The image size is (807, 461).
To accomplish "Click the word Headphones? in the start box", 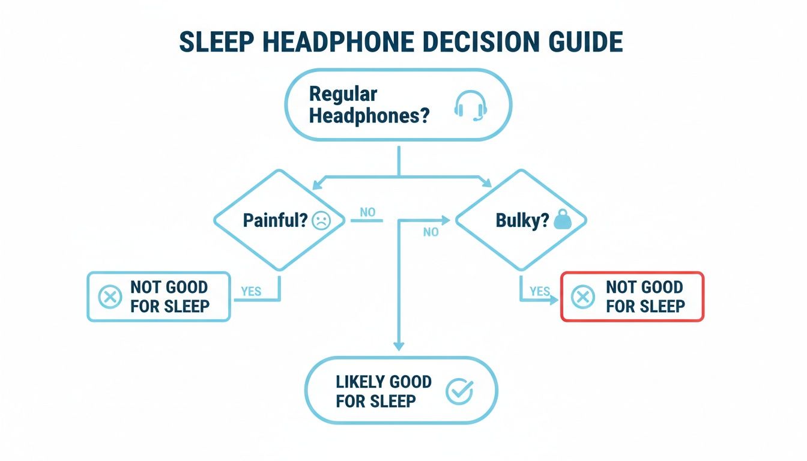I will pyautogui.click(x=369, y=115).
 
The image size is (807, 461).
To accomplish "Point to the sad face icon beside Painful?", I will pyautogui.click(x=321, y=221).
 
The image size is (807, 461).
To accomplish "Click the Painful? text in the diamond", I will pyautogui.click(x=275, y=221).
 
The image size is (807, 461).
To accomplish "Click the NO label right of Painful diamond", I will pyautogui.click(x=367, y=212).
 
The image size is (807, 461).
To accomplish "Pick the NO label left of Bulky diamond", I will pyautogui.click(x=431, y=232).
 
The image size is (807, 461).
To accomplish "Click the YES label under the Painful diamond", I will pyautogui.click(x=251, y=291).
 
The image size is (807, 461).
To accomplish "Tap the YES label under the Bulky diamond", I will pyautogui.click(x=540, y=291).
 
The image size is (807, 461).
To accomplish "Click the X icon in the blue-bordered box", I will pyautogui.click(x=109, y=297).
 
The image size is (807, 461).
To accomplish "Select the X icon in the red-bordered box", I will pyautogui.click(x=584, y=297).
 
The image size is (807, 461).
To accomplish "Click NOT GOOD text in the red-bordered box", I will pyautogui.click(x=644, y=287).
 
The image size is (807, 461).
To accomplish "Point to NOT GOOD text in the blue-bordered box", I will pyautogui.click(x=169, y=287).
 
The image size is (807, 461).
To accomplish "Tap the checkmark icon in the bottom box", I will pyautogui.click(x=460, y=392).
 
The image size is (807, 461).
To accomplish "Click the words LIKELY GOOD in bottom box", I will pyautogui.click(x=384, y=382).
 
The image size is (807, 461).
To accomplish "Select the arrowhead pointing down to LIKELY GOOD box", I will pyautogui.click(x=399, y=346).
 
